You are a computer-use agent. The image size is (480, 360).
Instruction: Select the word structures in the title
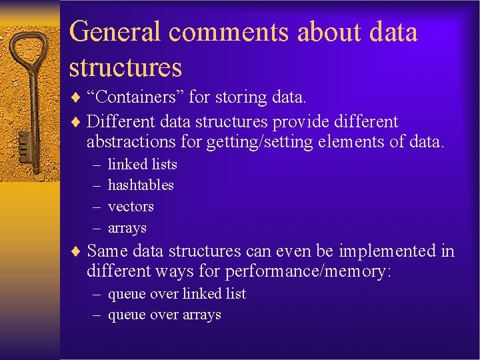[125, 67]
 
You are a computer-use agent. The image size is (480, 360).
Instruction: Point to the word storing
[241, 97]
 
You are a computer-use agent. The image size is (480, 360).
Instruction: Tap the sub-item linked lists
[142, 164]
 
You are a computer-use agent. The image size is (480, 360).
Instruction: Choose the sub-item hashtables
[141, 185]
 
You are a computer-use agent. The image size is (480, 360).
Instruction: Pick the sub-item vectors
[131, 207]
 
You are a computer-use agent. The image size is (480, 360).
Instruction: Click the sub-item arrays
[127, 228]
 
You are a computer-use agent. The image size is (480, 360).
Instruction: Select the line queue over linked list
[177, 293]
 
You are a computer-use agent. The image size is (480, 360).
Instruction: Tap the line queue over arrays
[164, 315]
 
